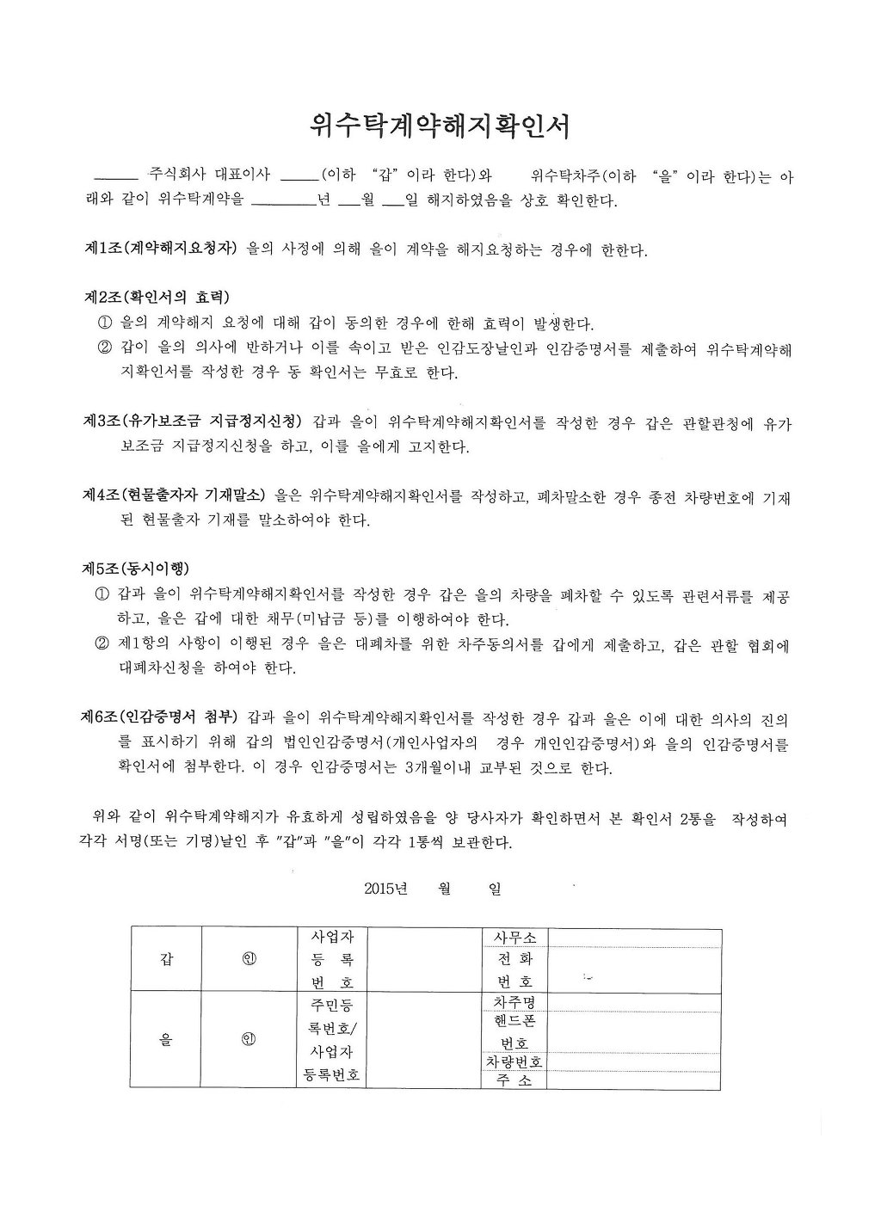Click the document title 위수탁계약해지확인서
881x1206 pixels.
440,127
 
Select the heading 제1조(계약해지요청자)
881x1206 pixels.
160,249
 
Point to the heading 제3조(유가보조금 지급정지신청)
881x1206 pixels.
192,421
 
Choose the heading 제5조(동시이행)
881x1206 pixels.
136,569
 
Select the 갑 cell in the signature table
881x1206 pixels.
165,959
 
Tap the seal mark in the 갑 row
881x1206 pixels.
249,959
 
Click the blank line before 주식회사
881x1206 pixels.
114,176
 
